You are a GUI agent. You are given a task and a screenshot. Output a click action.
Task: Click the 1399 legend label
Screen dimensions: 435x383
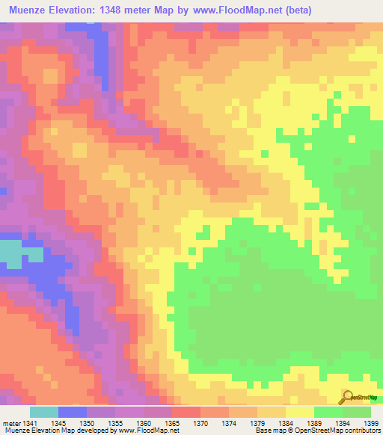[x=372, y=423]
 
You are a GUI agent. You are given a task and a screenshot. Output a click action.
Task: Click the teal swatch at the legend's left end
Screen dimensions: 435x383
[x=44, y=412]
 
